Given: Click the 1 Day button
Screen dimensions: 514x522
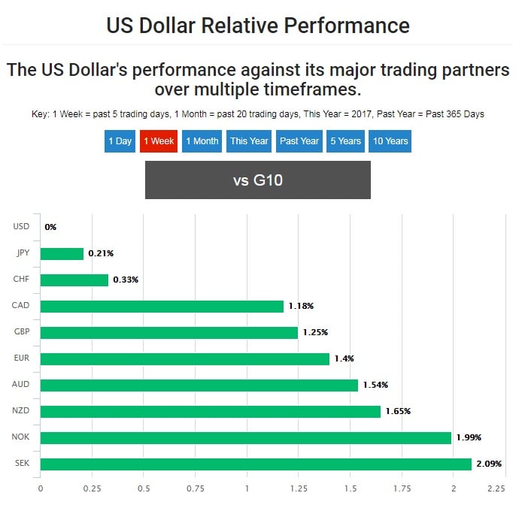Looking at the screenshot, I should pyautogui.click(x=120, y=141).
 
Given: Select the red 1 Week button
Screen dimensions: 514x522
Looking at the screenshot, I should pyautogui.click(x=159, y=141).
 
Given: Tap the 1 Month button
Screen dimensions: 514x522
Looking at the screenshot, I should pyautogui.click(x=202, y=141).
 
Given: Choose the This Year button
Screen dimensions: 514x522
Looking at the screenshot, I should pyautogui.click(x=249, y=141).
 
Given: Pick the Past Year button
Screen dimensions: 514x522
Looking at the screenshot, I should pyautogui.click(x=299, y=141).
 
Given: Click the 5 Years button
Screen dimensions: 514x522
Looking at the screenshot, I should pyautogui.click(x=346, y=141).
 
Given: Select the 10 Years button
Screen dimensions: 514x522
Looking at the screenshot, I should pyautogui.click(x=390, y=141).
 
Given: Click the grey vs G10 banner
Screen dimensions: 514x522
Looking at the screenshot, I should pyautogui.click(x=257, y=180).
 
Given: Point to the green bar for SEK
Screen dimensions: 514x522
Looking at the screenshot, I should pyautogui.click(x=256, y=464).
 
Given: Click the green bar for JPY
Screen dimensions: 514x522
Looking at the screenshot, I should pyautogui.click(x=62, y=253).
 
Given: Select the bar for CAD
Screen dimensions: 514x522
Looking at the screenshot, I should pyautogui.click(x=162, y=306).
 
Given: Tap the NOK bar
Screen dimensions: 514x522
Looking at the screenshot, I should pyautogui.click(x=245, y=437).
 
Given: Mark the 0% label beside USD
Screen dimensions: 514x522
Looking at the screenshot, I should pyautogui.click(x=50, y=227).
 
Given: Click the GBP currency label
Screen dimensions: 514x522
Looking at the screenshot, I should pyautogui.click(x=21, y=332).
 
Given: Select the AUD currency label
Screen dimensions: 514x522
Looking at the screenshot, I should pyautogui.click(x=21, y=385).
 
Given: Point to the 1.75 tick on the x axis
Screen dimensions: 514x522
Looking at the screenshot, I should pyautogui.click(x=402, y=488).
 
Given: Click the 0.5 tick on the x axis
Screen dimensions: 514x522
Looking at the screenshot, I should pyautogui.click(x=144, y=488).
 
